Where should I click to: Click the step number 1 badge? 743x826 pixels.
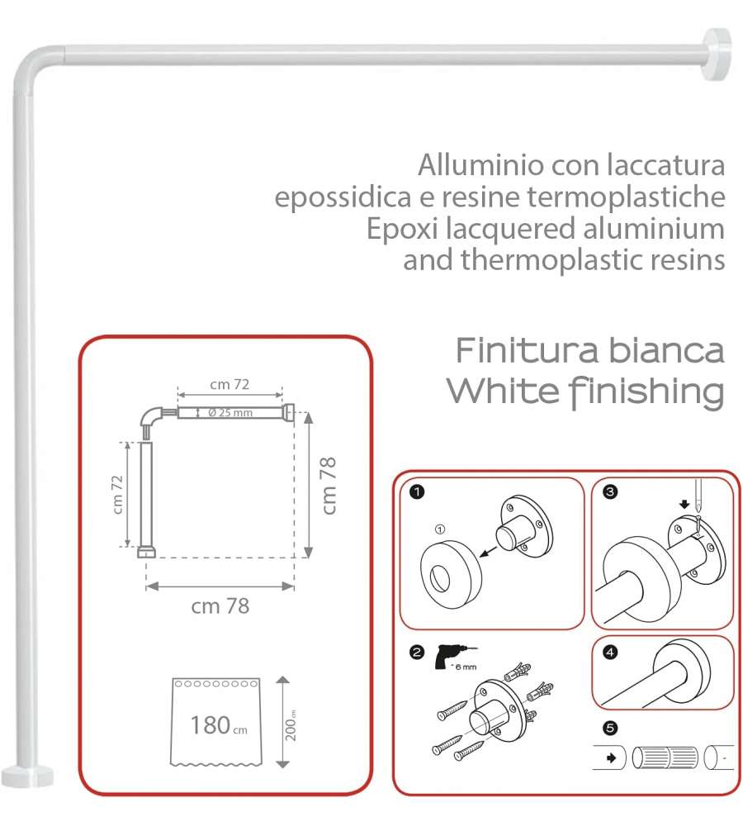417,492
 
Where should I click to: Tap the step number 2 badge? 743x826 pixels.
417,653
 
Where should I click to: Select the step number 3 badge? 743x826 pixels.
610,492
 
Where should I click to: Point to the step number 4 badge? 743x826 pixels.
610,653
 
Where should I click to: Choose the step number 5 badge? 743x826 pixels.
610,728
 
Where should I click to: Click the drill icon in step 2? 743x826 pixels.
453,656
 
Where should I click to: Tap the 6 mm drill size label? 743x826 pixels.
465,667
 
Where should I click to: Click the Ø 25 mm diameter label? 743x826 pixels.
230,412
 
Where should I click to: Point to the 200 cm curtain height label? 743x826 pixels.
291,725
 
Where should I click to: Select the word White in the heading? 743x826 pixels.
503,391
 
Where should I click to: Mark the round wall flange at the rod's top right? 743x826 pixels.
716,55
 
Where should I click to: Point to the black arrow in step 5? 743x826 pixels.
612,758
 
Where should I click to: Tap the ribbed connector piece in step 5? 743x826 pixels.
665,758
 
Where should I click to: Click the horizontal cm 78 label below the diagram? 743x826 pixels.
220,605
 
